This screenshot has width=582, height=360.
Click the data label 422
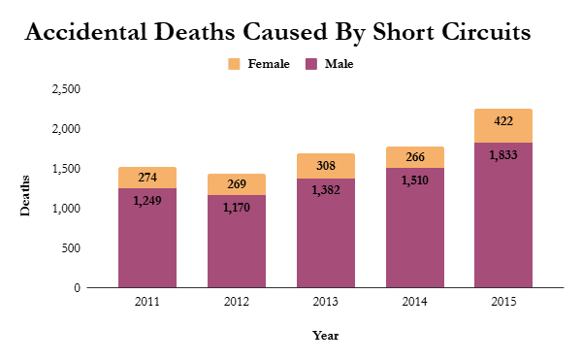[502, 121]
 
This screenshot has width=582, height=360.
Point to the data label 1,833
[502, 155]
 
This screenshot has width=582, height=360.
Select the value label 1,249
[147, 200]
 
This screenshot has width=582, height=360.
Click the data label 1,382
[325, 190]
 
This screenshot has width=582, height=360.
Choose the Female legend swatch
[235, 65]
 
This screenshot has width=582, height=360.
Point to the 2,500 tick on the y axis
[65, 89]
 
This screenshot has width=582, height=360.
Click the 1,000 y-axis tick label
[65, 209]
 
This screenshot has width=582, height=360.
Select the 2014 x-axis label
[414, 303]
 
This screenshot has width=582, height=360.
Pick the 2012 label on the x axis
[237, 303]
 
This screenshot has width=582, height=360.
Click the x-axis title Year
[325, 335]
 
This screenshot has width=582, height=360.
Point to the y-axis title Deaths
[26, 194]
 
